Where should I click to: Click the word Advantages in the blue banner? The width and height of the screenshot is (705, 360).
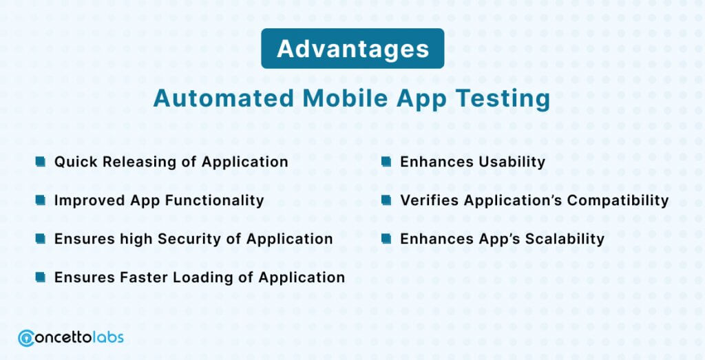coord(353,49)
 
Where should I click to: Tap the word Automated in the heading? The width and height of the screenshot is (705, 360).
coord(224,98)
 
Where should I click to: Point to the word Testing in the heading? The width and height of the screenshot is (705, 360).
coord(503,99)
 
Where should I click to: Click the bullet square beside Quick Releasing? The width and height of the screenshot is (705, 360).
coord(41,161)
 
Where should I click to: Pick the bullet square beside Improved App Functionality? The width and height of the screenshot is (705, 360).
coord(41,200)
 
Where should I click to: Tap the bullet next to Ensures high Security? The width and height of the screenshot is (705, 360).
coord(41,238)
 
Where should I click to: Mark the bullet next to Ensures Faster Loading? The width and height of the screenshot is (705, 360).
coord(41,277)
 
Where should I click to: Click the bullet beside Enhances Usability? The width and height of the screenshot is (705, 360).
coord(386,161)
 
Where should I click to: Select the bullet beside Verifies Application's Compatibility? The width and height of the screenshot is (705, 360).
coord(386,200)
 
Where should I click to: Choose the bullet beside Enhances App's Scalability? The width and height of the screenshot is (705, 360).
coord(386,238)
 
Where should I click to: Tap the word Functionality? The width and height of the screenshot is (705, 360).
coord(215,200)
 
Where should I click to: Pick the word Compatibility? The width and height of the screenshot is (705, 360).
coord(618,200)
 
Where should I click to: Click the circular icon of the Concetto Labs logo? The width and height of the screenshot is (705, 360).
coord(26,338)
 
